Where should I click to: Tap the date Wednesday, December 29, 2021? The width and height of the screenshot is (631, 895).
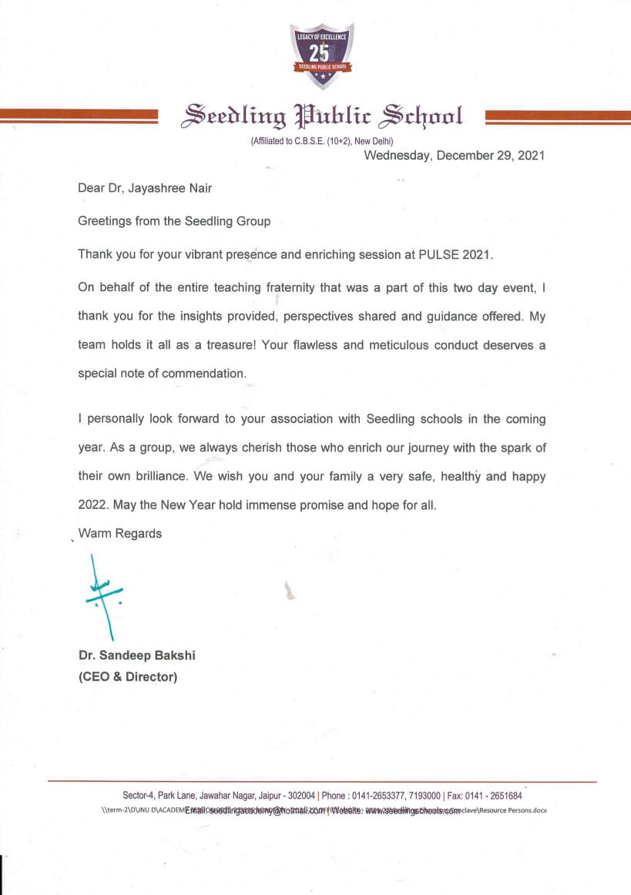click(455, 155)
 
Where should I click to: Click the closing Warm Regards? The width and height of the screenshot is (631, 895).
click(120, 533)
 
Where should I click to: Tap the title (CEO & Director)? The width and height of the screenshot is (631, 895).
click(128, 678)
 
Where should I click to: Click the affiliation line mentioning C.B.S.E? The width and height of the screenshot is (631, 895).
click(322, 141)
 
